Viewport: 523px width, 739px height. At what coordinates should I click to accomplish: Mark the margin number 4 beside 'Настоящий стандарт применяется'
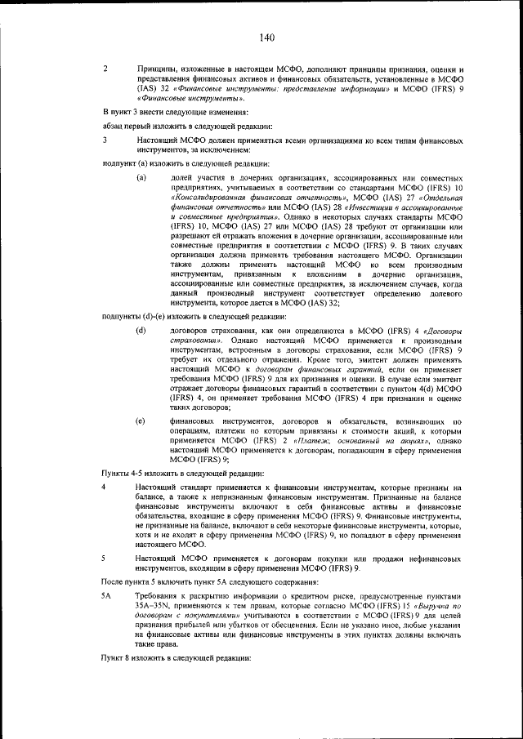(x=104, y=487)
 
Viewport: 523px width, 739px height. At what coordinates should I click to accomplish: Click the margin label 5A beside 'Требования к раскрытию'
(x=106, y=596)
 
